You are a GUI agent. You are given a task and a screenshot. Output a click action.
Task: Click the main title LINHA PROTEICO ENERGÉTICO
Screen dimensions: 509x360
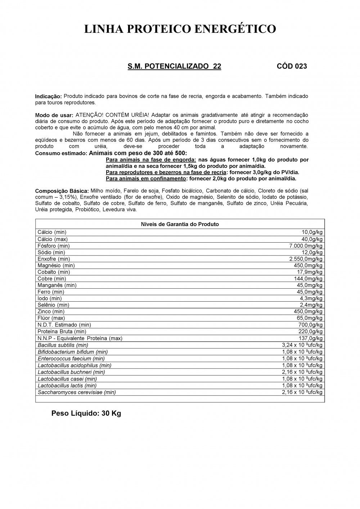coord(180,29)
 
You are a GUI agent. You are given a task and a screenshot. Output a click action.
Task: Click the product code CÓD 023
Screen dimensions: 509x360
coord(292,66)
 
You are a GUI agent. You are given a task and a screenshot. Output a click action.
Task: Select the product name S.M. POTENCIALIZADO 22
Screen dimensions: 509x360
coord(174,66)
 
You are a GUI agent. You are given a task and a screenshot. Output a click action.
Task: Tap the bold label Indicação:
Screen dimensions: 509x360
coord(48,96)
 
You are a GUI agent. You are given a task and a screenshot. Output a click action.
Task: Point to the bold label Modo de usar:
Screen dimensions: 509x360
coord(54,115)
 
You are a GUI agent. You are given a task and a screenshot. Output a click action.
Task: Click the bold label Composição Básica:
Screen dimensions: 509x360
coord(62,191)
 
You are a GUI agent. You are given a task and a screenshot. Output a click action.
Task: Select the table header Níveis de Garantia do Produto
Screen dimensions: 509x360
coord(180,224)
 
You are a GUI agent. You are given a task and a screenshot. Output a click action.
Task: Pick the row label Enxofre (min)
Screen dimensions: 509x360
coord(54,259)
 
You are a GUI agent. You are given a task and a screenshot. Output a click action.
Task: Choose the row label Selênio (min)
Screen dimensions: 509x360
coord(53,305)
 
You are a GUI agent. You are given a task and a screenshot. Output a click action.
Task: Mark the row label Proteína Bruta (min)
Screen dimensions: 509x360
coord(62,332)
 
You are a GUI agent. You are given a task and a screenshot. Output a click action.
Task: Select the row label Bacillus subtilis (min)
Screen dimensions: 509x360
coord(63,345)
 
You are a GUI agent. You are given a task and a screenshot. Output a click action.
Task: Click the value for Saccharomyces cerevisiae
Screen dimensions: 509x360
coord(302,392)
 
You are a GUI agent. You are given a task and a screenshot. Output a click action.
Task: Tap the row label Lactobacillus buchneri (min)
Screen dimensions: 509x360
coord(71,372)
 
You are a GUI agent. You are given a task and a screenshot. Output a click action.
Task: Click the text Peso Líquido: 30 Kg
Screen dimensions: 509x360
coord(86,413)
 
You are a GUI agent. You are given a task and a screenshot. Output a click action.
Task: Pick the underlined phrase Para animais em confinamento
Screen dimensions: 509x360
coord(146,179)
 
